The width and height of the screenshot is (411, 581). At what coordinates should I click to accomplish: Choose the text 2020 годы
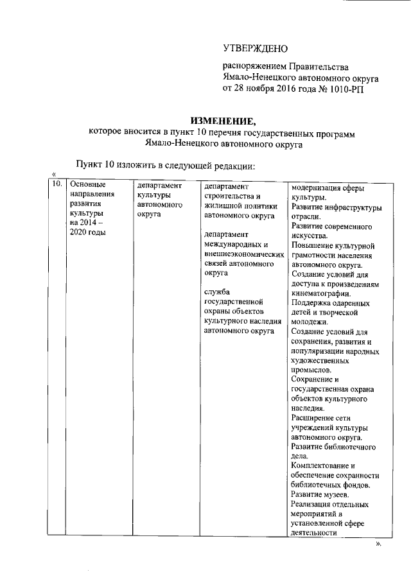point(88,232)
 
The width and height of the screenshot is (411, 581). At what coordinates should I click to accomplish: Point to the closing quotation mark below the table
point(378,543)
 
